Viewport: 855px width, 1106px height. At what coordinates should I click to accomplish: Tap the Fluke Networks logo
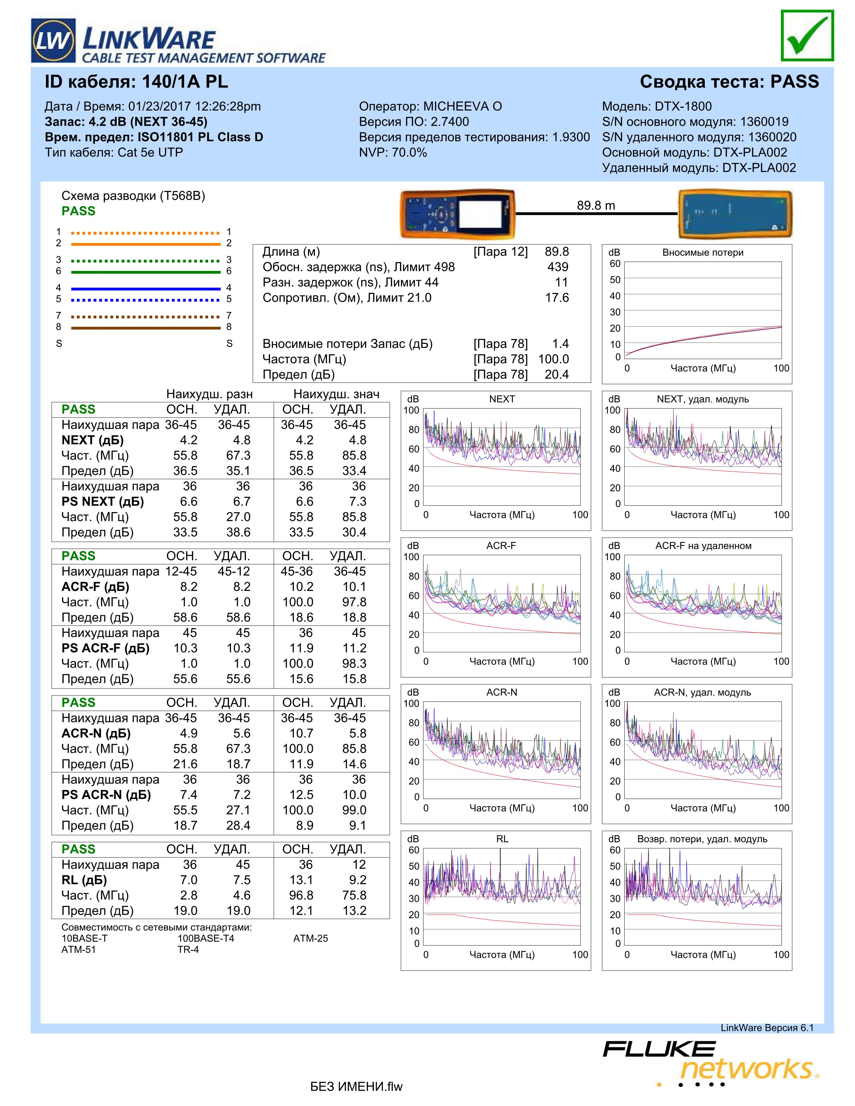(x=709, y=1061)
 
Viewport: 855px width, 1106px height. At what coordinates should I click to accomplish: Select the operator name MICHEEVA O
(x=462, y=106)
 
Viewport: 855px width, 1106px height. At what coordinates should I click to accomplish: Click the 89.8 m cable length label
(x=596, y=205)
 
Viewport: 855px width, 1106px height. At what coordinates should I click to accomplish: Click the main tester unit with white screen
(x=457, y=214)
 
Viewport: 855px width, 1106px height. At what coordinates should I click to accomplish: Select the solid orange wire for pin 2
(x=146, y=244)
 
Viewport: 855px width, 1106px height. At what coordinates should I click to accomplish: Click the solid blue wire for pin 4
(x=146, y=289)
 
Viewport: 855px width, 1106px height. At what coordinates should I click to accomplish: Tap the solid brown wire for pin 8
(x=146, y=328)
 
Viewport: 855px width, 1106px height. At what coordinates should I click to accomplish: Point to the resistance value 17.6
(x=557, y=298)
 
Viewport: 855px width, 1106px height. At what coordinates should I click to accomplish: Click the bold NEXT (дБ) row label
(x=93, y=440)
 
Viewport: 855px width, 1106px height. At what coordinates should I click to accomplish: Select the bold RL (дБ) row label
(x=84, y=880)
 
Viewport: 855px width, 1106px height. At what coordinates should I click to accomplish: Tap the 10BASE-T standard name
(x=84, y=938)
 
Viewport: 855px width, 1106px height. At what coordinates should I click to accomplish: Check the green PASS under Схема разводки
(x=78, y=211)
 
